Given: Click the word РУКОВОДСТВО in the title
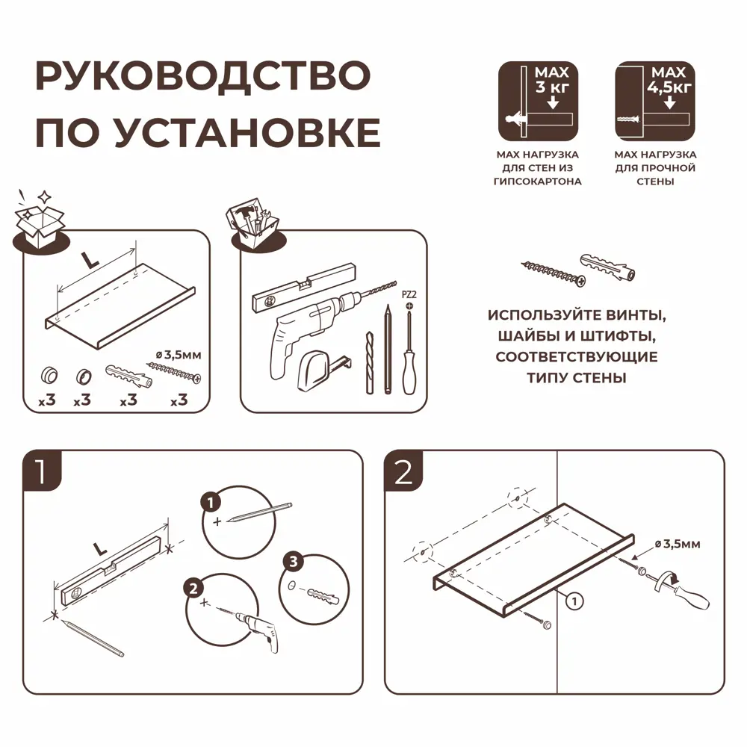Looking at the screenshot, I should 202,78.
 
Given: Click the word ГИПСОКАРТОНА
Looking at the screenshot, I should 538,182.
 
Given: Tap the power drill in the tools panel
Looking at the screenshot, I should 314,325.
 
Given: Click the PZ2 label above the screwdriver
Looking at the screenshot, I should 409,295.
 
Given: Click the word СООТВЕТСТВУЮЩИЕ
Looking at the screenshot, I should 577,357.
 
